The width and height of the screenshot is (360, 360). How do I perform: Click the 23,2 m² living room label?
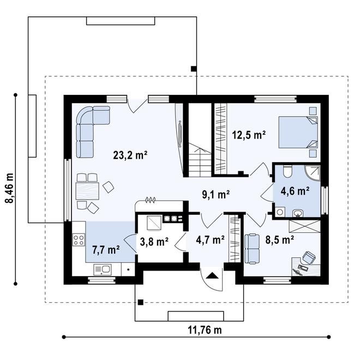pos(130,155)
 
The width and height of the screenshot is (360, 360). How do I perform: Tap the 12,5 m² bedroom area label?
pos(249,135)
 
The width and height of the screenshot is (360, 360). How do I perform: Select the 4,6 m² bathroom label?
pos(295,191)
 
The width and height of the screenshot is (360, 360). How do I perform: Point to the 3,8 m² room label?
pos(154,242)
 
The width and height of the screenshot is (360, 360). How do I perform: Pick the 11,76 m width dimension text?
pos(205,330)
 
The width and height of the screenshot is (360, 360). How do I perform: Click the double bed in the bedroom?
pos(298,132)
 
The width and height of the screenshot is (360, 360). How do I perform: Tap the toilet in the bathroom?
pos(287,171)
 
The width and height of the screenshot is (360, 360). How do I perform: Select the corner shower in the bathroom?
pos(312,173)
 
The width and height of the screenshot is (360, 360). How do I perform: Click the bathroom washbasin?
pos(298,213)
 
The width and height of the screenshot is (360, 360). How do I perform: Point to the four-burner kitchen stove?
pos(79,239)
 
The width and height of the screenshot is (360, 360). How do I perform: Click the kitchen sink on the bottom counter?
pos(103,269)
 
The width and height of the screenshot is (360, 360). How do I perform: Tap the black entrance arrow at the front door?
pos(212,275)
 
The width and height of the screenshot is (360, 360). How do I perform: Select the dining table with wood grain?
pos(87,191)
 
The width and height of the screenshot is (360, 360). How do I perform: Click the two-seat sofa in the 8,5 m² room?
pos(252,249)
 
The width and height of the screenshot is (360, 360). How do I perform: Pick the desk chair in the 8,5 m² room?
pos(309,257)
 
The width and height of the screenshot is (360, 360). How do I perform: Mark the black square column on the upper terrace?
pos(194,68)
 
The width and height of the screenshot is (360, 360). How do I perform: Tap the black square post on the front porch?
pos(141,302)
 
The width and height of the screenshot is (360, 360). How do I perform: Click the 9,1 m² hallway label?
pos(216,195)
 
